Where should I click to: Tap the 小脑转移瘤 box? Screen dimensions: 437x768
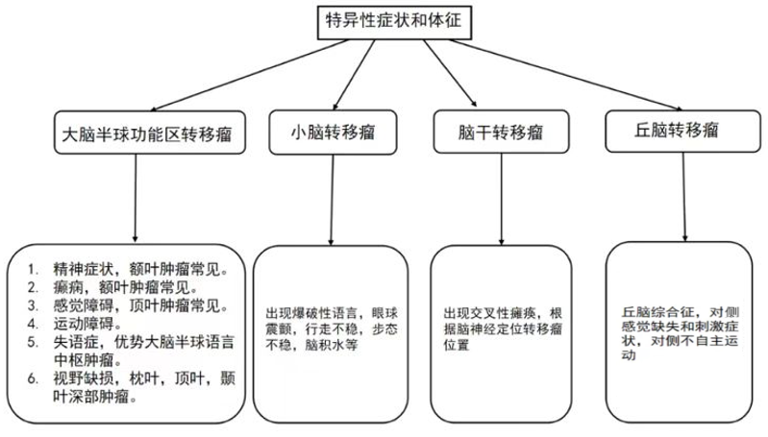tap(332, 132)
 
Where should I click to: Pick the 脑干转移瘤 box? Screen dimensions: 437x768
tap(486, 131)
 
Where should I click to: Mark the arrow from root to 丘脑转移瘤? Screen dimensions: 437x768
tap(557, 77)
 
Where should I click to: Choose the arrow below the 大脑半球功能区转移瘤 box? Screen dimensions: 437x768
tap(135, 197)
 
